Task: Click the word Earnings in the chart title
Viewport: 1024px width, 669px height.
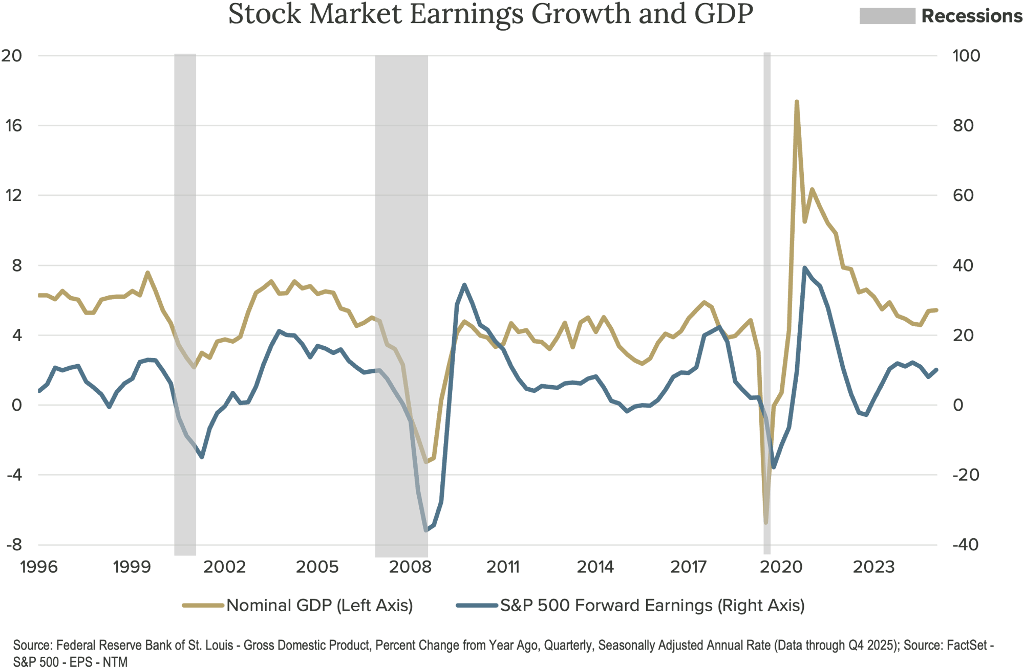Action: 466,14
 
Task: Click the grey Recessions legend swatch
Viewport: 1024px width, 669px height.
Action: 887,16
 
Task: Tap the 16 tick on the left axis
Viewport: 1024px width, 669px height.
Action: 14,126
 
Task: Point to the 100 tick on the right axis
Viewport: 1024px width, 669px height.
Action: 966,56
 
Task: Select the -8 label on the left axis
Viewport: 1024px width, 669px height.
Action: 14,545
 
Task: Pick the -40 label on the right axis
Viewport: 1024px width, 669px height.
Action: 966,545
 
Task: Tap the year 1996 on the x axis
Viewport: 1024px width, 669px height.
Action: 39,567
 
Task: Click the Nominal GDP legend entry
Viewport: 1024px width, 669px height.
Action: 319,606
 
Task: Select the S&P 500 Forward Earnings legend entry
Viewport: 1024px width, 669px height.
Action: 652,606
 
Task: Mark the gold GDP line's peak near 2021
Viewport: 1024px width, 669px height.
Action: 797,102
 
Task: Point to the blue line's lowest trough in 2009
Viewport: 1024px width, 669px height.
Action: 426,530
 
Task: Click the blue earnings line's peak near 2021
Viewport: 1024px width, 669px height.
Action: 804,267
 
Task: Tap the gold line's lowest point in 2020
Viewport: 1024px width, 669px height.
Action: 766,522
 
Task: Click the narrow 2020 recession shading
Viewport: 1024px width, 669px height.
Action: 767,307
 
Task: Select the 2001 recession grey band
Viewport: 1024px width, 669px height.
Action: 185,307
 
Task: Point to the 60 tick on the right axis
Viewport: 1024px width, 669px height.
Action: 966,195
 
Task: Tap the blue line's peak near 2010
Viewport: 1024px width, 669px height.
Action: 464,284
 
